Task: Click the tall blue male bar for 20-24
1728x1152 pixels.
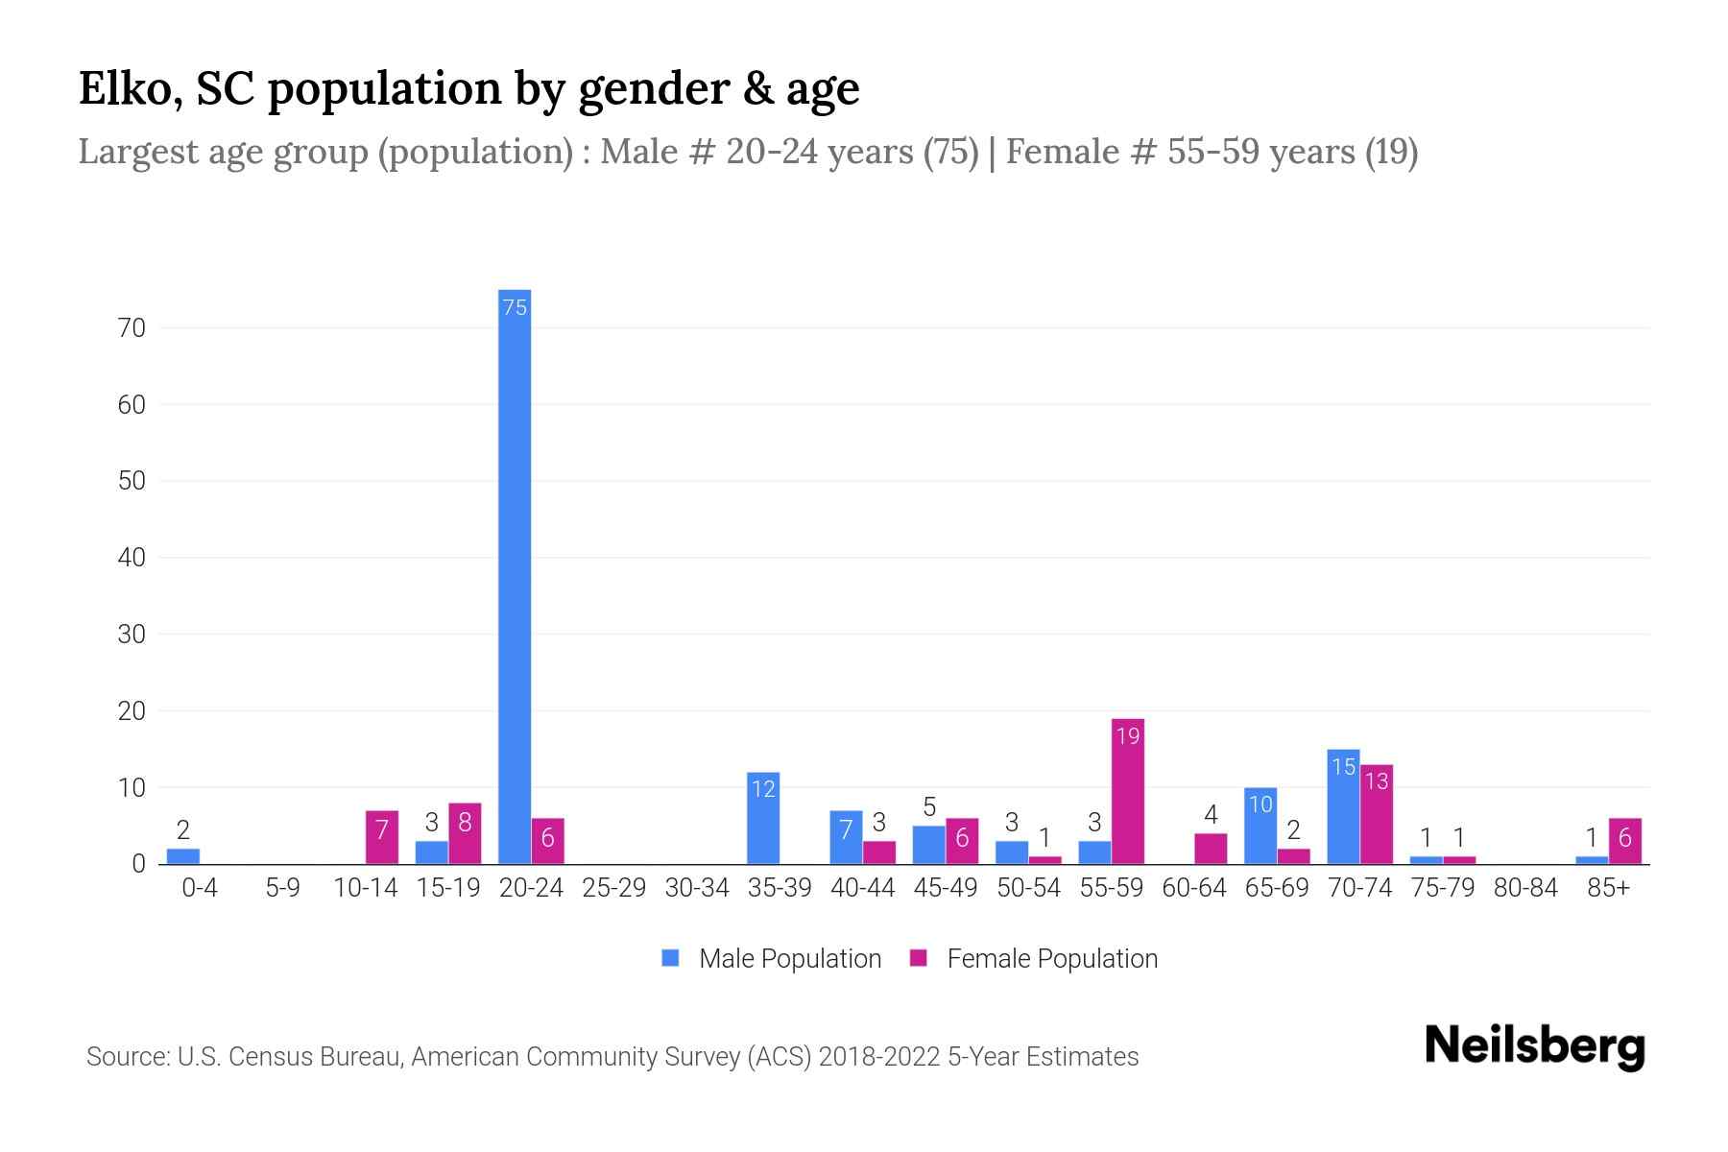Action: click(x=515, y=576)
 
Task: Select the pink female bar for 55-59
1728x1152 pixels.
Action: click(x=1127, y=792)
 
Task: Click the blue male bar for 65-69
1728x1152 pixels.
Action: click(x=1260, y=826)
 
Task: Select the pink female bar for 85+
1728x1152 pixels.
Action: click(x=1624, y=841)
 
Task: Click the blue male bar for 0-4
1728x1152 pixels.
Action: click(x=183, y=856)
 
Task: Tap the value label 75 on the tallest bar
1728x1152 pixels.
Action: click(x=515, y=307)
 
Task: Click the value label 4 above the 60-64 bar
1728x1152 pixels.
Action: click(x=1211, y=815)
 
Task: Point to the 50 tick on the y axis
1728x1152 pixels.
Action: click(x=132, y=481)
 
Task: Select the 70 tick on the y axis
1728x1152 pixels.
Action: click(x=132, y=328)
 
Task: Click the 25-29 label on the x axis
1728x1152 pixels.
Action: click(x=613, y=888)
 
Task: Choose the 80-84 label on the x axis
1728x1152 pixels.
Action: click(x=1525, y=888)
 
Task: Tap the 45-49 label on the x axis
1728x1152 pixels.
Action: click(x=945, y=888)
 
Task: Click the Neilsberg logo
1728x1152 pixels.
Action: click(x=1534, y=1046)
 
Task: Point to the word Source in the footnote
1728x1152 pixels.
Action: click(x=126, y=1057)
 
